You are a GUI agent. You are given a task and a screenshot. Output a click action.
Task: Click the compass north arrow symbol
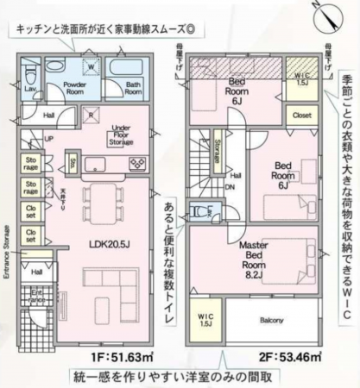coord(322,12)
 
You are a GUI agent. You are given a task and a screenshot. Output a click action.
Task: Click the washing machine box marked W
coord(89,63)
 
